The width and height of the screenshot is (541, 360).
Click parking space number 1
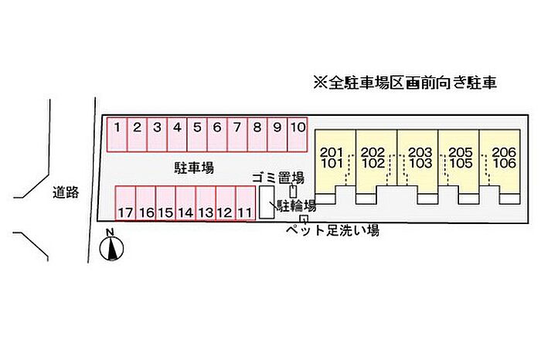pos(117,134)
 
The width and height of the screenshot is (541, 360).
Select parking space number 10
pos(298,134)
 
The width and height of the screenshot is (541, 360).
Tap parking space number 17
pos(125,203)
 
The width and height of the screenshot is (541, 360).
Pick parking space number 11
pos(245,203)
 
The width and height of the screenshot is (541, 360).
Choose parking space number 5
pos(197,134)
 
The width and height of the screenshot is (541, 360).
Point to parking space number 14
pos(185,203)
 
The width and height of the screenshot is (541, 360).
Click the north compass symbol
pos(111,245)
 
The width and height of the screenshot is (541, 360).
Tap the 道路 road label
pos(66,192)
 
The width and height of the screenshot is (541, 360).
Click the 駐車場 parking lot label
pos(194,168)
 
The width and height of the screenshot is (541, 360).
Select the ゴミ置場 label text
pos(278,178)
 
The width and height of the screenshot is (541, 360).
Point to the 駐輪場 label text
pos(296,205)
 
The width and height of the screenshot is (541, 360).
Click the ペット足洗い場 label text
pos(332,229)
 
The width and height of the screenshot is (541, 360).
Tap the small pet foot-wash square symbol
pos(304,219)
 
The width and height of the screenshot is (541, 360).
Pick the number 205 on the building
pos(461,152)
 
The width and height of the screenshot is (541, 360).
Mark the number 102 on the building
pos(373,163)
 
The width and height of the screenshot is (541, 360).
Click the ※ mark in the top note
pos(320,83)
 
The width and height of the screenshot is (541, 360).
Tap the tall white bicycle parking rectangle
pos(267,202)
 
